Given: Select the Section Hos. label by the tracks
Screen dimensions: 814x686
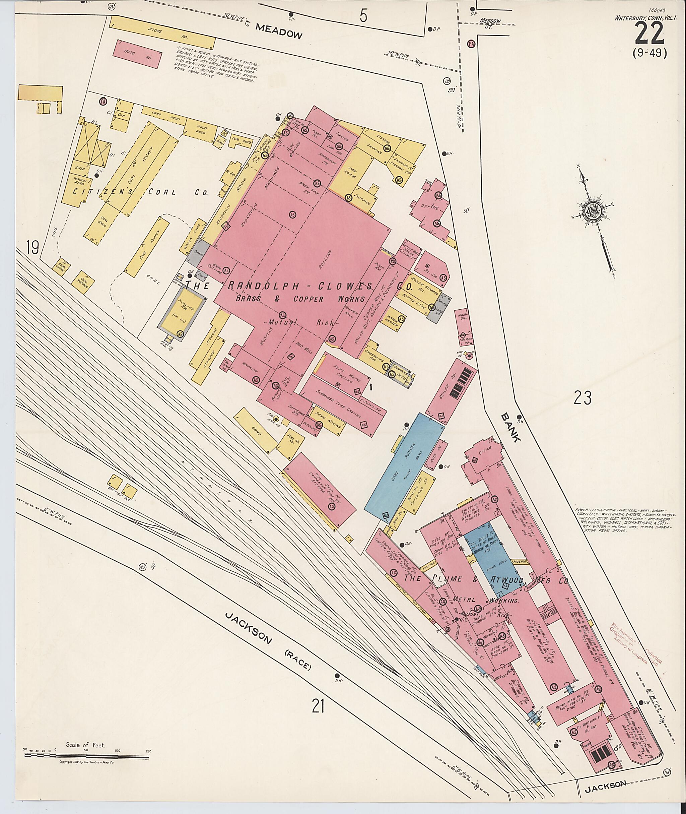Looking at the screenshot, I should click(x=122, y=498).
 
